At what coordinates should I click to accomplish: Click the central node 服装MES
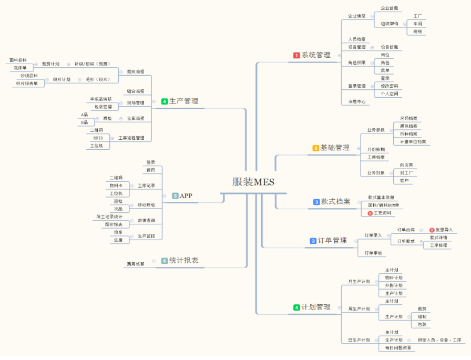coord(253,182)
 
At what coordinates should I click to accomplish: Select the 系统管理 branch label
coord(316,55)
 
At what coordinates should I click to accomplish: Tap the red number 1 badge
coord(296,55)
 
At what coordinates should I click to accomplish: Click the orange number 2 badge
coord(316,148)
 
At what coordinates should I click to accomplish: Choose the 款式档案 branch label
coord(335,202)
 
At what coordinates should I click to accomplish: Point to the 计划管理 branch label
coord(316,307)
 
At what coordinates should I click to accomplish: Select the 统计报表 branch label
coord(183,260)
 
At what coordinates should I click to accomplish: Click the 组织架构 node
coord(390,24)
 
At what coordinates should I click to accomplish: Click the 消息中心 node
coord(356,101)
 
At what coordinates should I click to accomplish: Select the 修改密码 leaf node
coord(390,86)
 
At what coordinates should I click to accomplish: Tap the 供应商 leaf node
coord(406,165)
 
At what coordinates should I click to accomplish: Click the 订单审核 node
coord(373,253)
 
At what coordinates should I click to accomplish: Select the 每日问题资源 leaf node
coord(397,347)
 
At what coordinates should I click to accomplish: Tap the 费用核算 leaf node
coord(135,264)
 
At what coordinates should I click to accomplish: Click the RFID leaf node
coord(98,138)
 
